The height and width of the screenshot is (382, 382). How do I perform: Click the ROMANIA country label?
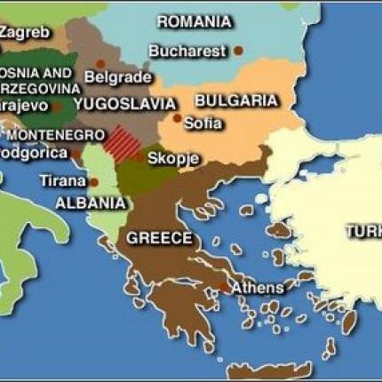(x=194, y=21)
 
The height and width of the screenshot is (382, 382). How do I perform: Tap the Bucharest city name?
(x=187, y=51)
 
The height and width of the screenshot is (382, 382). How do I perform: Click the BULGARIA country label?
(x=235, y=100)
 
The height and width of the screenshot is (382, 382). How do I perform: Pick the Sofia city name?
(x=203, y=123)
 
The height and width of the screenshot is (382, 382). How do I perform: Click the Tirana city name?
(x=62, y=180)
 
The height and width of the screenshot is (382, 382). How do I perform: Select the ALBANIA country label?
(x=90, y=203)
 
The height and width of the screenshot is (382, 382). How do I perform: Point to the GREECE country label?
(x=159, y=238)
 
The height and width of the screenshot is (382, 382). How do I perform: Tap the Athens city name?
(x=258, y=288)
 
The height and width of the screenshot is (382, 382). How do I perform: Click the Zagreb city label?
(x=24, y=32)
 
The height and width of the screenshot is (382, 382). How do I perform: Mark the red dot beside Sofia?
(x=178, y=117)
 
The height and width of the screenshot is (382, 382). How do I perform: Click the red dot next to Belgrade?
(x=100, y=64)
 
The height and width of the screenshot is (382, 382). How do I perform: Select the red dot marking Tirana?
(x=93, y=182)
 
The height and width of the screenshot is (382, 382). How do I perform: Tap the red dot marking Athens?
(x=222, y=286)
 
